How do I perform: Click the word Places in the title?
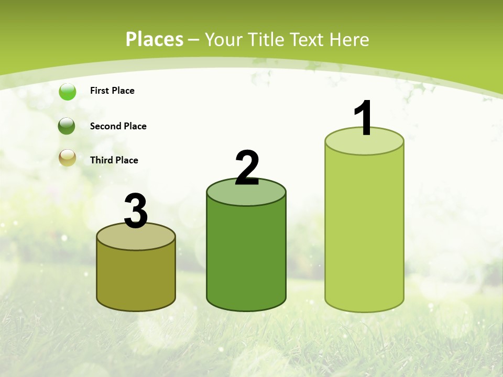pyautogui.click(x=155, y=39)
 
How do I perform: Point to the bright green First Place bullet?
pyautogui.click(x=68, y=92)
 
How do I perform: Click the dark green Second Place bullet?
pyautogui.click(x=67, y=126)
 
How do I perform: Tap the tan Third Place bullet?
pyautogui.click(x=68, y=158)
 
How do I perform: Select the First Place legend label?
pyautogui.click(x=112, y=91)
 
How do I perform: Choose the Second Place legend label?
pyautogui.click(x=118, y=126)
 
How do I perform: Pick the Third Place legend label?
pyautogui.click(x=114, y=160)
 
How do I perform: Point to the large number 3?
pyautogui.click(x=136, y=211)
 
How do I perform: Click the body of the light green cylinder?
pyautogui.click(x=364, y=230)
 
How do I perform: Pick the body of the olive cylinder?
pyautogui.click(x=136, y=278)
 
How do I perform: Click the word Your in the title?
pyautogui.click(x=222, y=39)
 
